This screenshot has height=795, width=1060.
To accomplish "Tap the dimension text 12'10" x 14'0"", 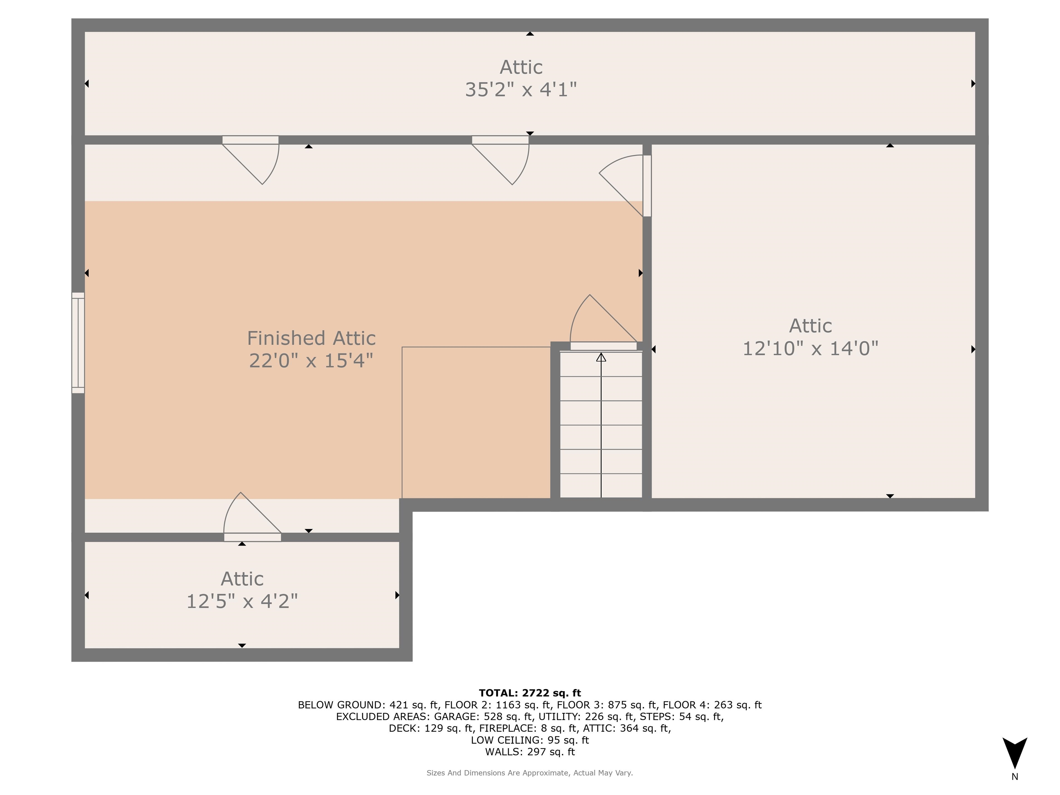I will click(810, 349).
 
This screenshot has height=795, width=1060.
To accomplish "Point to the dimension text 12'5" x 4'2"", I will click(242, 601).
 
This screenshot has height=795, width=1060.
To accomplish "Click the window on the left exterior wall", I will click(78, 343).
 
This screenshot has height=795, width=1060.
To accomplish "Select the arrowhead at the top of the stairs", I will click(601, 357).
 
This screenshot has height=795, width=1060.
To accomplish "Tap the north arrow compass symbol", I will click(1014, 752).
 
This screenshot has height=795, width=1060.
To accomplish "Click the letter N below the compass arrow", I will click(1014, 777).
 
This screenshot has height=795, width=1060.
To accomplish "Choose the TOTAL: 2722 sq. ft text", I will click(530, 693).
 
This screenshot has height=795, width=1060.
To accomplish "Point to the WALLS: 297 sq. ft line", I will click(530, 752).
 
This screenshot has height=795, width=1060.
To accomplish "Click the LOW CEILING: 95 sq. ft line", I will click(530, 740).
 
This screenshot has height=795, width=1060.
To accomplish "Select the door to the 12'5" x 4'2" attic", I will click(253, 537).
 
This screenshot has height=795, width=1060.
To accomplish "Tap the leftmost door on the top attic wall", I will click(250, 140).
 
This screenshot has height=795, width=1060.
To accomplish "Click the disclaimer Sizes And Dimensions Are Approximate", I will click(530, 773).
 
